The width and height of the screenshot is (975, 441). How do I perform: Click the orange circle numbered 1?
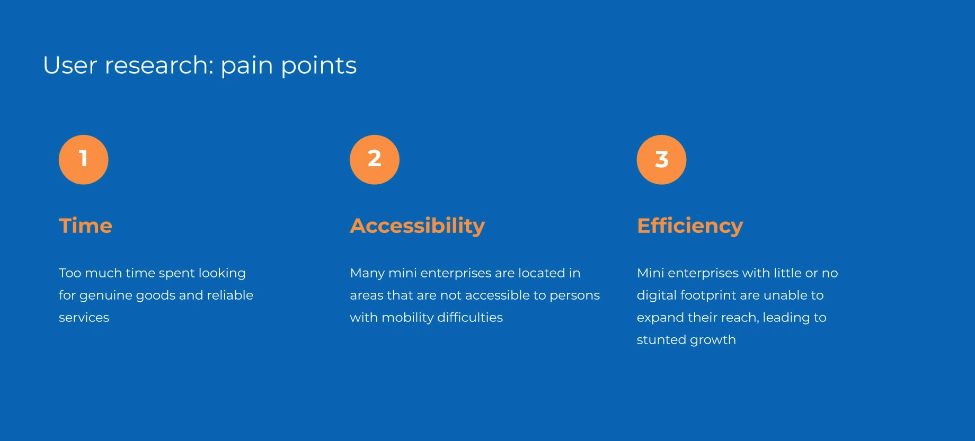click(x=84, y=159)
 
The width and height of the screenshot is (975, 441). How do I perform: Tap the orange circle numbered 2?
click(x=375, y=159)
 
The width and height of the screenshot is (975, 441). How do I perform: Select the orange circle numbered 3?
click(x=661, y=159)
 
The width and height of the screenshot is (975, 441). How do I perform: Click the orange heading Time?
click(x=85, y=226)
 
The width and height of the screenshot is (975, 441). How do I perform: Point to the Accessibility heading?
click(x=418, y=226)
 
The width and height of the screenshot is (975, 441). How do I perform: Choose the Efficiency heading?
click(x=690, y=226)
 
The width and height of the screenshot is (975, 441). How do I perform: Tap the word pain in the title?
click(x=246, y=66)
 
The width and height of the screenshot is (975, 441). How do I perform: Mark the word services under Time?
click(x=84, y=318)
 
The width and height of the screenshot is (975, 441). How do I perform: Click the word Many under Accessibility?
click(x=367, y=274)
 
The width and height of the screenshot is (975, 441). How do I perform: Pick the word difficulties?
click(x=470, y=317)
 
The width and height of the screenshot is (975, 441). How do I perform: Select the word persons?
click(x=574, y=296)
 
